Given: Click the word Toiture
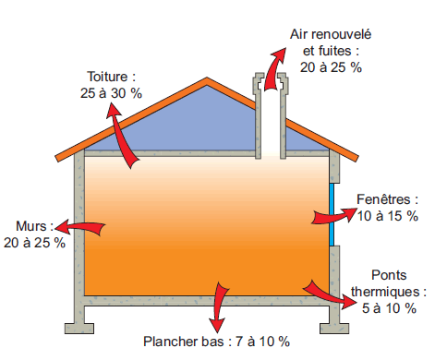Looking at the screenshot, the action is point(111,78).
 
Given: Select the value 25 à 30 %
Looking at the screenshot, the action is point(111,93).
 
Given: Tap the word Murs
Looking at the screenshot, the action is point(33,226).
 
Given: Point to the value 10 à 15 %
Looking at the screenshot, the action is point(387,216).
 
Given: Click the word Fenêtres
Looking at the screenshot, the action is point(387,199).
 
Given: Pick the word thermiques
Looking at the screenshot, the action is point(393,291).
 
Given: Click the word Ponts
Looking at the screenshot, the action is point(393,275).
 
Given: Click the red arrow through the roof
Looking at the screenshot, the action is point(123,137).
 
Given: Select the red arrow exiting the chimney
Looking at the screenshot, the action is point(273,68).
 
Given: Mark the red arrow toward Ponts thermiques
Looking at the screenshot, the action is point(328,293).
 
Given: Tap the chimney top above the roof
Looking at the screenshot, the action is point(272,90).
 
